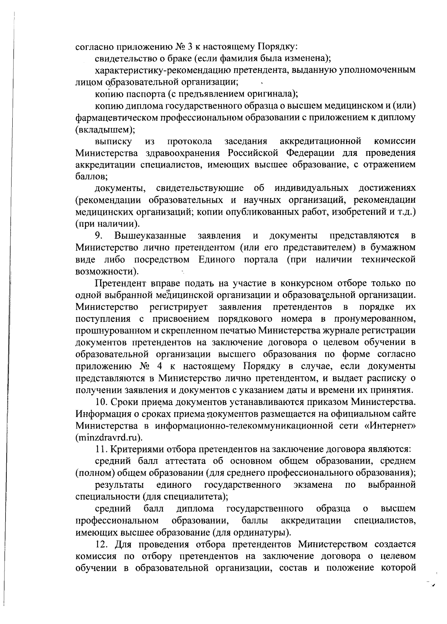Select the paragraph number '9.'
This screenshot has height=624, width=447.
(99, 236)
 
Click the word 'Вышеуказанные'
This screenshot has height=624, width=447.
(150, 236)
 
